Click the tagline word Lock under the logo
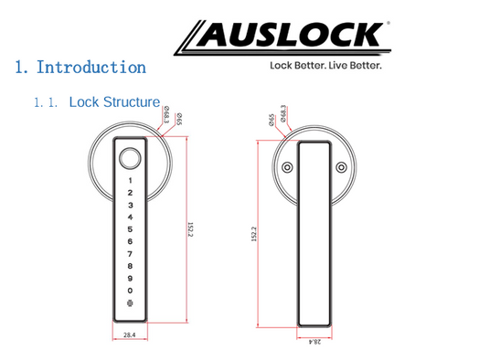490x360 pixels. [x=281, y=65]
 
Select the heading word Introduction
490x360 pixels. [x=91, y=67]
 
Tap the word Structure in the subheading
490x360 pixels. [x=132, y=102]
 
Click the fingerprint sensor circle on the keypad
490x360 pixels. [x=130, y=158]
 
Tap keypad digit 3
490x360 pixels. [x=131, y=206]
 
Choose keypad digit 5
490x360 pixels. [x=130, y=229]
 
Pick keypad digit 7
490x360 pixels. [x=130, y=254]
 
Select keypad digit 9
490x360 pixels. [x=130, y=278]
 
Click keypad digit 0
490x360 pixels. [x=130, y=291]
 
